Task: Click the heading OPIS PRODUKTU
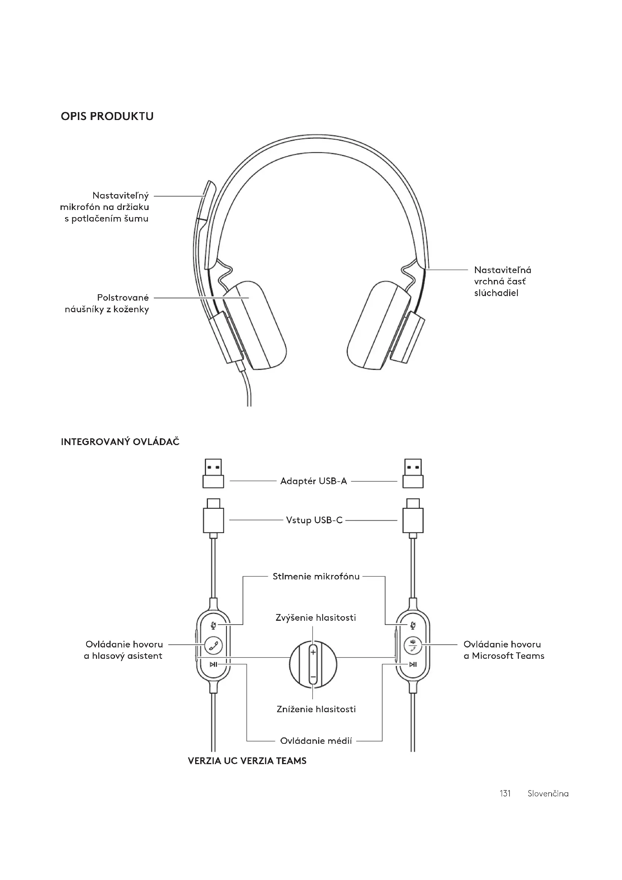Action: (107, 117)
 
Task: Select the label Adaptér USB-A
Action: (313, 482)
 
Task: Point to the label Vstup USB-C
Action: (314, 520)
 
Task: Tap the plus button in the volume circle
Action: (313, 652)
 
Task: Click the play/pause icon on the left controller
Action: (213, 664)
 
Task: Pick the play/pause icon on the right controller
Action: (413, 664)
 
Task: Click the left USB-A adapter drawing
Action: (213, 474)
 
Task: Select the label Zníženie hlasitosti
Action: (316, 710)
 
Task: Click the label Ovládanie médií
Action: (316, 741)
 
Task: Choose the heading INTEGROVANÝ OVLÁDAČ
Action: (120, 442)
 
